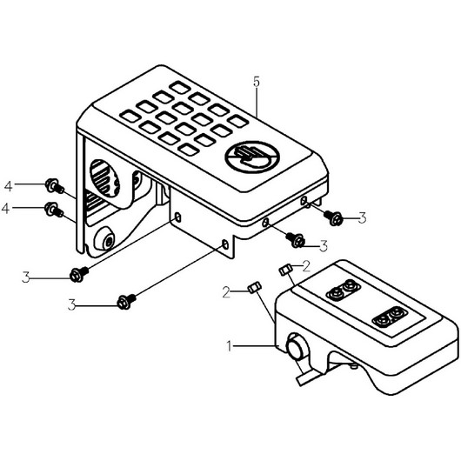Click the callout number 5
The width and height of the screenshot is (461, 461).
pyautogui.click(x=257, y=82)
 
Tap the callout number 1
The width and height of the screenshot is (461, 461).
pyautogui.click(x=230, y=346)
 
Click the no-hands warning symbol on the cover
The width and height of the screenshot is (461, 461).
pyautogui.click(x=252, y=157)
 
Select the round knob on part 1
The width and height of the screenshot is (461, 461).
pyautogui.click(x=297, y=346)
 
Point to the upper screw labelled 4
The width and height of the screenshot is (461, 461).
pyautogui.click(x=55, y=186)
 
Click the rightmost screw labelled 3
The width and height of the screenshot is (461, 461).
pyautogui.click(x=333, y=217)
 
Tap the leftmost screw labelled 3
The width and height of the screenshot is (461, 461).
pyautogui.click(x=78, y=274)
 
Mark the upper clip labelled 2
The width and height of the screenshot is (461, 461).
pyautogui.click(x=285, y=270)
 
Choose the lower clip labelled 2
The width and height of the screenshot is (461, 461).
pyautogui.click(x=255, y=287)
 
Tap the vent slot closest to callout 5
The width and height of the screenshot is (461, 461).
pyautogui.click(x=237, y=121)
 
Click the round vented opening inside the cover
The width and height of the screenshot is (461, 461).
pyautogui.click(x=104, y=178)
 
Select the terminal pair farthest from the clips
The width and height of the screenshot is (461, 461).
pyautogui.click(x=388, y=317)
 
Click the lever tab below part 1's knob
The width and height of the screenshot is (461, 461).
pyautogui.click(x=306, y=378)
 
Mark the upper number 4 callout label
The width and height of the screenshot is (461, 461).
pyautogui.click(x=9, y=186)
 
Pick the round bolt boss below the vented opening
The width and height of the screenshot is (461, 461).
pyautogui.click(x=104, y=239)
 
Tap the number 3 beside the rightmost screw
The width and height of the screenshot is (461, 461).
pyautogui.click(x=363, y=218)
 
